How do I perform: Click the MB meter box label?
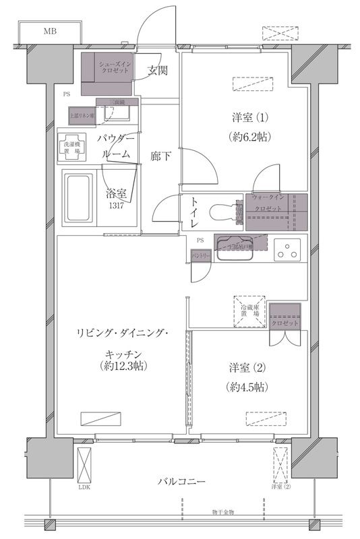(51, 31)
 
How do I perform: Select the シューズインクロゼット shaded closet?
(108, 73)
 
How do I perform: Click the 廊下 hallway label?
(160, 157)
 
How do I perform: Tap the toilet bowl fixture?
(222, 211)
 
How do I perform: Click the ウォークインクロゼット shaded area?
(276, 212)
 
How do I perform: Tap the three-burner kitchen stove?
(289, 251)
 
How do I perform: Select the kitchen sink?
(235, 250)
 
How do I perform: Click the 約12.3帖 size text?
(121, 366)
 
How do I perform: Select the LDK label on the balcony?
(84, 486)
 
